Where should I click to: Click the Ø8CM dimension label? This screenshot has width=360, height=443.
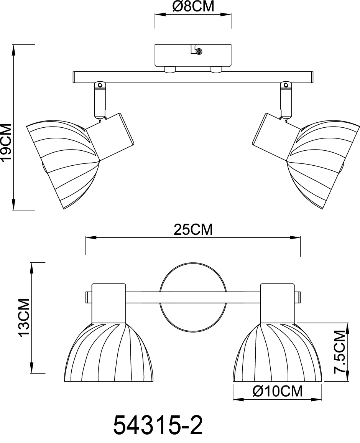193,7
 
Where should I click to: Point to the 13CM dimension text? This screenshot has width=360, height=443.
24,318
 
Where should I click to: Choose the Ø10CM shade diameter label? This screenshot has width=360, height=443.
278,391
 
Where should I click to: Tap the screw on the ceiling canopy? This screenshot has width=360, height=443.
199,51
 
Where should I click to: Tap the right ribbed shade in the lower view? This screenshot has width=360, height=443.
278,355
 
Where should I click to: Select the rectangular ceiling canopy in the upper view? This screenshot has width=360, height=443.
193,56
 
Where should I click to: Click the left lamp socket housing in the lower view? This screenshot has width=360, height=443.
108,303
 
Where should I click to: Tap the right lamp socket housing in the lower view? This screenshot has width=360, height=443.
278,303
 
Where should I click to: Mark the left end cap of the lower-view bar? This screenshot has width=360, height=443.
88,297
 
